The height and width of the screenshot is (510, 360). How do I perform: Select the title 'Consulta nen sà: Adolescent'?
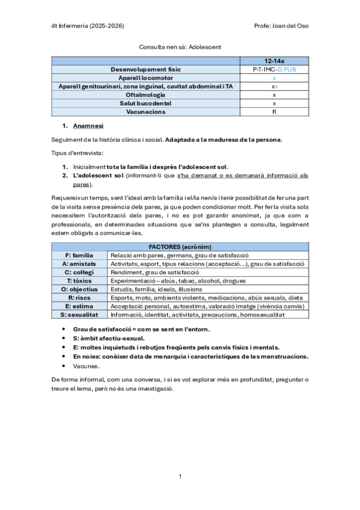coord(180,46)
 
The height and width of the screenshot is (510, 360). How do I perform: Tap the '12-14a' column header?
coord(274,61)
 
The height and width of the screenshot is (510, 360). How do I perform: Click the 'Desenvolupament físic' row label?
coord(146,70)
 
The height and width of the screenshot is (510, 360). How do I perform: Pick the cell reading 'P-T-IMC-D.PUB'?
coord(274,70)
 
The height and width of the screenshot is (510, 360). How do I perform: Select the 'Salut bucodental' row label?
coord(146,103)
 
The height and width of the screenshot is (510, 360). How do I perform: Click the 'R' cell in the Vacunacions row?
coord(274,112)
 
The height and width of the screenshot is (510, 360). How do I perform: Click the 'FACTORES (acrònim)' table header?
coord(180,247)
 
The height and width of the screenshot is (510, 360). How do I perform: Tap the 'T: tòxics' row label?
coord(79,281)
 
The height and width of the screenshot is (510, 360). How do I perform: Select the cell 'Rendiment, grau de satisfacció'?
coord(154,272)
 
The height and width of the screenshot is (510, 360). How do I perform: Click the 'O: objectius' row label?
coord(79,289)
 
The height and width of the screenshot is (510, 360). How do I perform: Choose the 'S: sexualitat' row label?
coord(79,315)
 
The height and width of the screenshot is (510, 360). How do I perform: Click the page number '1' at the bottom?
coord(180,476)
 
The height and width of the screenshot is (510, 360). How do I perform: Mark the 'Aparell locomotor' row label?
coord(146,78)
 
